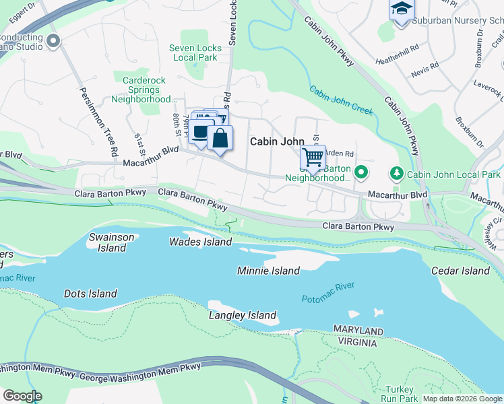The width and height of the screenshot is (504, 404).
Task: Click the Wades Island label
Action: [x=200, y=242]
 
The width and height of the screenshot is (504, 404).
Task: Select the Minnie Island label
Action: [x=268, y=271]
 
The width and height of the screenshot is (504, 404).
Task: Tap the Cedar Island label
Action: [x=460, y=271]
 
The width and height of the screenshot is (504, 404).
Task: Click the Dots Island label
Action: [x=90, y=294]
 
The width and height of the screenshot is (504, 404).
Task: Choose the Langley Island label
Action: [x=243, y=315]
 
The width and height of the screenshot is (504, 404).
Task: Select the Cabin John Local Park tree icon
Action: [x=397, y=174]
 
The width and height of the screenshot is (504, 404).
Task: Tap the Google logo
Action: [x=22, y=396]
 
